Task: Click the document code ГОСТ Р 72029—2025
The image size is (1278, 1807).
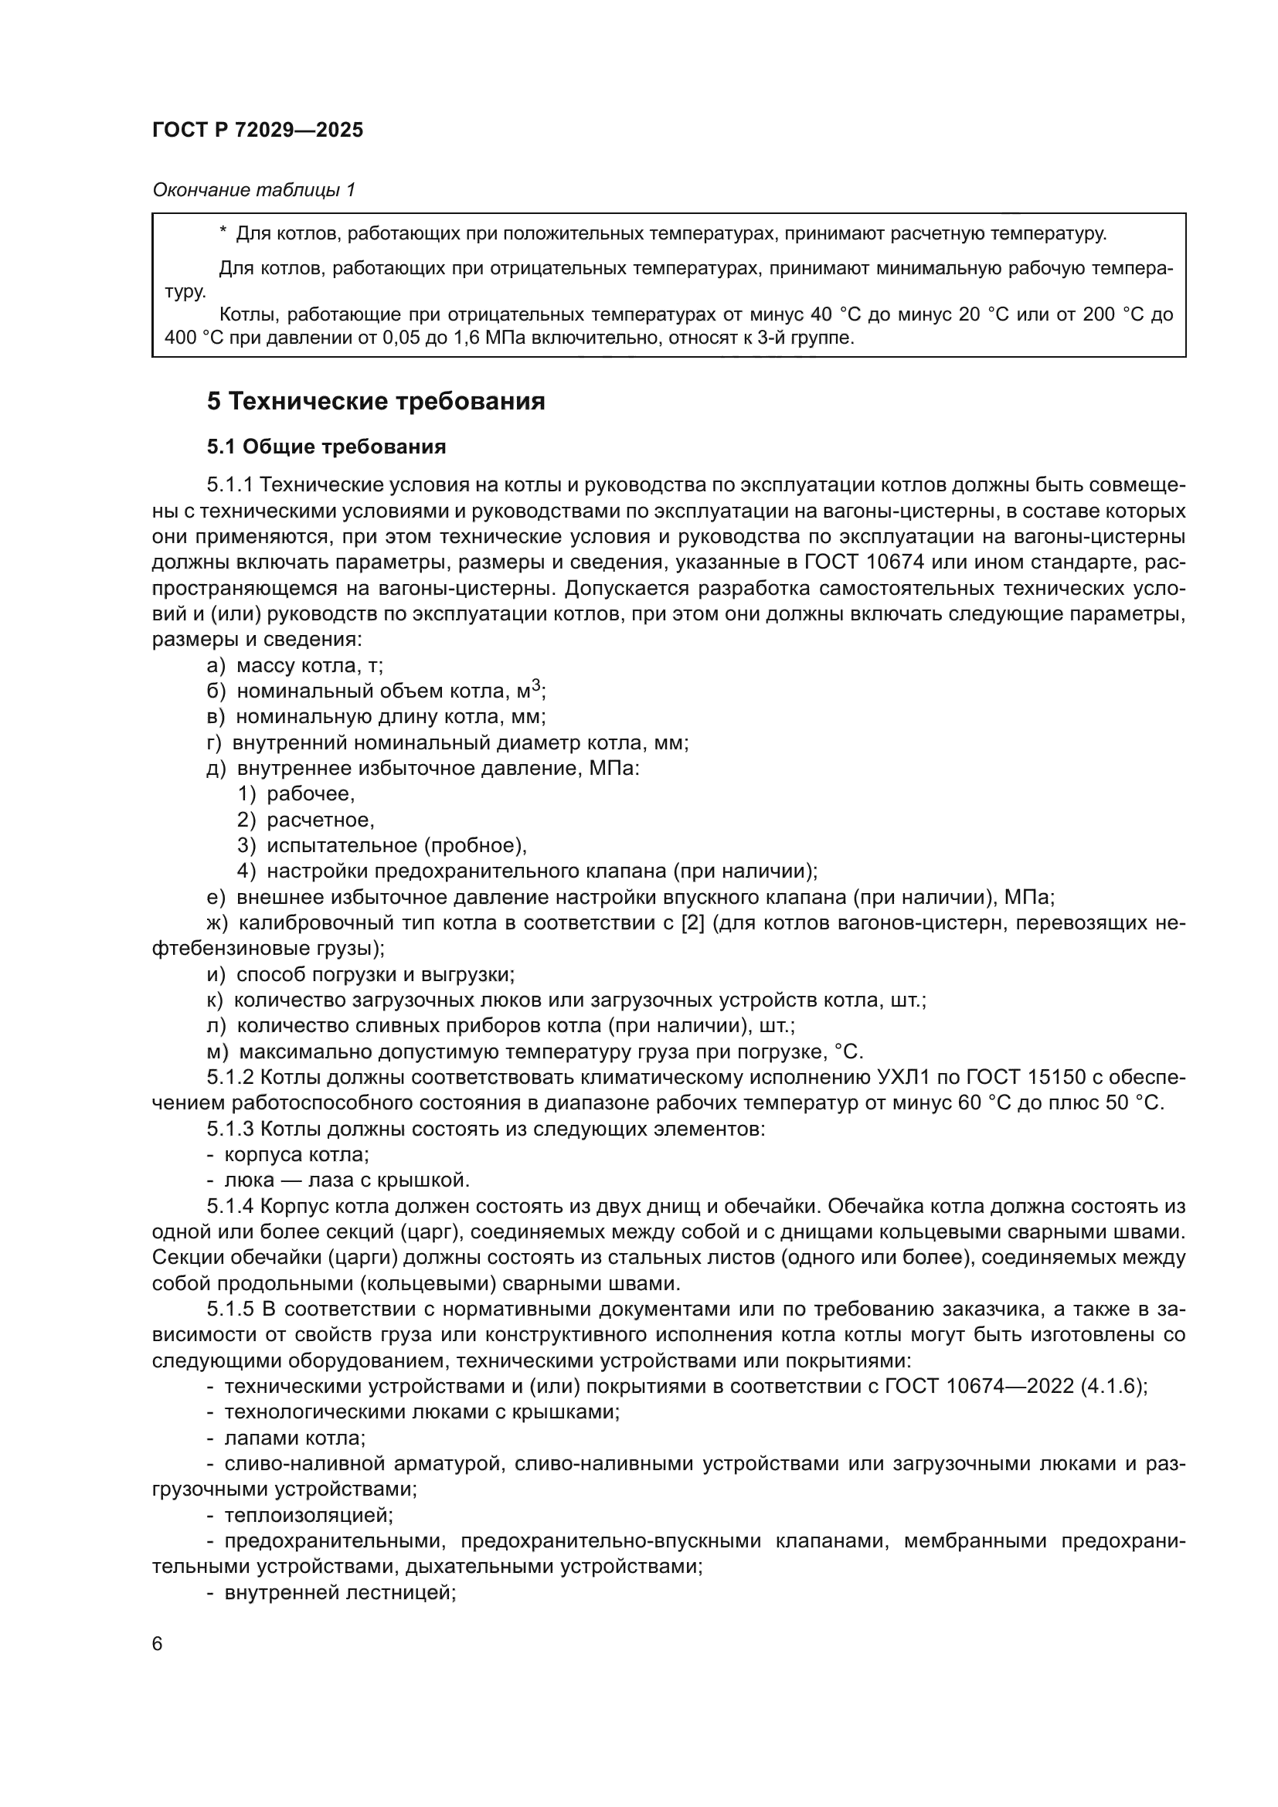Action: point(257,131)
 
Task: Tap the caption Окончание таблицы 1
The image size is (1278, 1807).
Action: point(253,190)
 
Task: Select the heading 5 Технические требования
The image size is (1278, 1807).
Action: point(376,402)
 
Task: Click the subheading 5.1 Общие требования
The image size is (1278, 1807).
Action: point(326,447)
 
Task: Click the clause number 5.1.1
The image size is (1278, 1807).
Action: point(229,485)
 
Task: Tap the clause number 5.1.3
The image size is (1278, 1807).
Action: point(229,1129)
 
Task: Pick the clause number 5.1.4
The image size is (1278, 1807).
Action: point(229,1206)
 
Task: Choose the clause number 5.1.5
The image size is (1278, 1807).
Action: point(229,1309)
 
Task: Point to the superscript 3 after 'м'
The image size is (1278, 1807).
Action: point(536,686)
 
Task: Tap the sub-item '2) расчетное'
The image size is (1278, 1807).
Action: point(305,820)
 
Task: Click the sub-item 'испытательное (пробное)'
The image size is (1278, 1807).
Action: point(396,846)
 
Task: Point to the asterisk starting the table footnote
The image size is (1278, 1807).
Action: point(223,233)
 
